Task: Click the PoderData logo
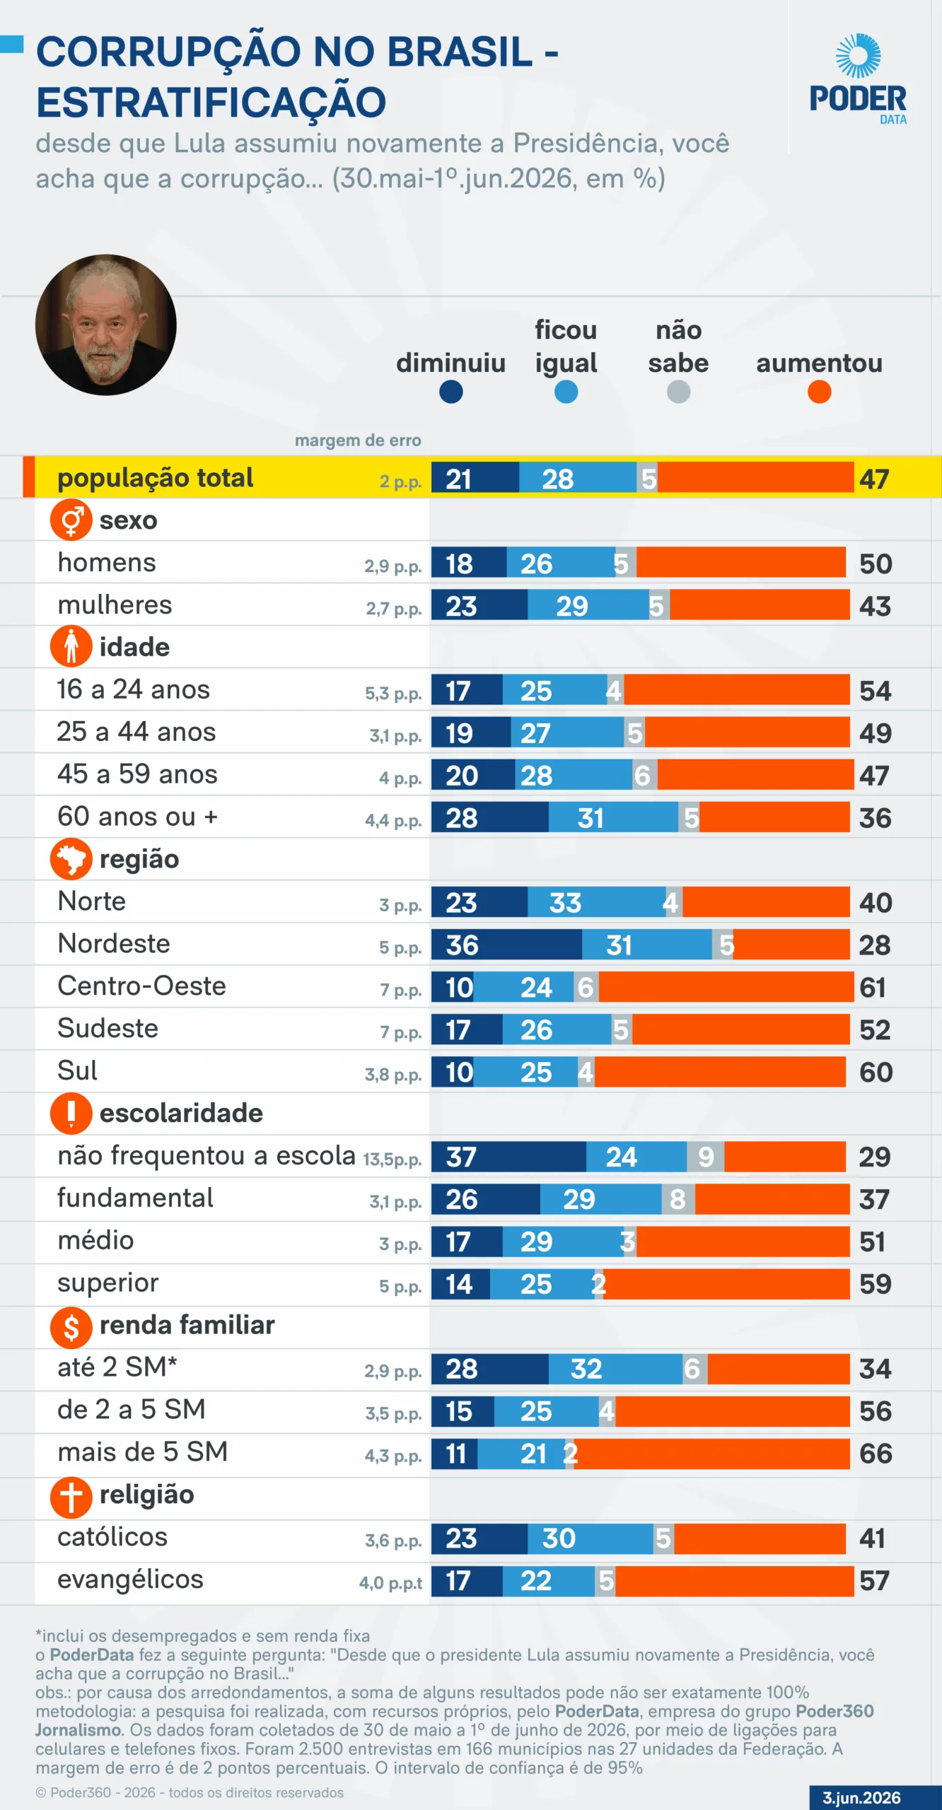tap(858, 79)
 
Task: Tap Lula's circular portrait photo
tap(106, 325)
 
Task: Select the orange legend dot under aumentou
tap(819, 392)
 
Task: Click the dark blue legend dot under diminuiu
tap(450, 392)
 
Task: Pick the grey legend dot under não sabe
tap(678, 392)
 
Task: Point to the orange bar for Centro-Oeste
tap(726, 987)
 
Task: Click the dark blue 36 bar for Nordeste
tap(506, 945)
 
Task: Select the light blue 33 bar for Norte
tap(596, 902)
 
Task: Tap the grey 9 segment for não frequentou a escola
tap(705, 1157)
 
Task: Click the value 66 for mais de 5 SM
tap(876, 1454)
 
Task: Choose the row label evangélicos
tap(130, 1580)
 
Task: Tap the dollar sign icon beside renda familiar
tap(71, 1326)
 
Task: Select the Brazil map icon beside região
tap(71, 860)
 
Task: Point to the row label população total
tap(155, 478)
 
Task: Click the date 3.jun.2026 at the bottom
tap(861, 1798)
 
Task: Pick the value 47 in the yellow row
tap(874, 479)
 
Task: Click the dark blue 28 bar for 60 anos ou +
tap(490, 817)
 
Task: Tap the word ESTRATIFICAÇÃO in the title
tap(211, 103)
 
